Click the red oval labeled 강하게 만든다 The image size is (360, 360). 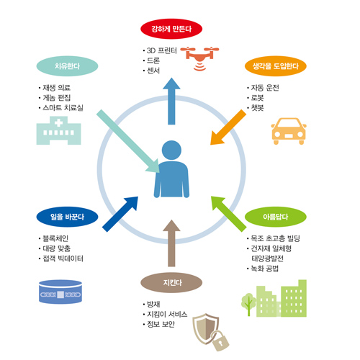click(171, 29)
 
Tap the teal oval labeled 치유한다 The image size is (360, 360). click(67, 66)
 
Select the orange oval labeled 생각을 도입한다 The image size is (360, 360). click(276, 66)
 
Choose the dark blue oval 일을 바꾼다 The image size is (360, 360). click(67, 217)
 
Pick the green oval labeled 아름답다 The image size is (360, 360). click(276, 217)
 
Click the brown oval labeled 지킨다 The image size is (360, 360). click(171, 282)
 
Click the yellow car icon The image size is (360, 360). click(289, 131)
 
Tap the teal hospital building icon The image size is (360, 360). click(58, 130)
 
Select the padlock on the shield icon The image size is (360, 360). click(221, 341)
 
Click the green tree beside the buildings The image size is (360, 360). click(248, 305)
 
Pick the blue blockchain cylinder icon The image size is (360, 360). click(60, 292)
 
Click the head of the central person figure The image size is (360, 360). click(171, 150)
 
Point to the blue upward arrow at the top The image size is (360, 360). click(171, 101)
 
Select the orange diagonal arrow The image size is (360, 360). click(228, 127)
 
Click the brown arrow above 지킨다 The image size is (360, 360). click(171, 243)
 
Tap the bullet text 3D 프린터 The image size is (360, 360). click(162, 50)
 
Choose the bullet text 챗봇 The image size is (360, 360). click(257, 108)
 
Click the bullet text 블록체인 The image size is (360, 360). click(55, 238)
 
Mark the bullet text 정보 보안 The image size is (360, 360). click(161, 324)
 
